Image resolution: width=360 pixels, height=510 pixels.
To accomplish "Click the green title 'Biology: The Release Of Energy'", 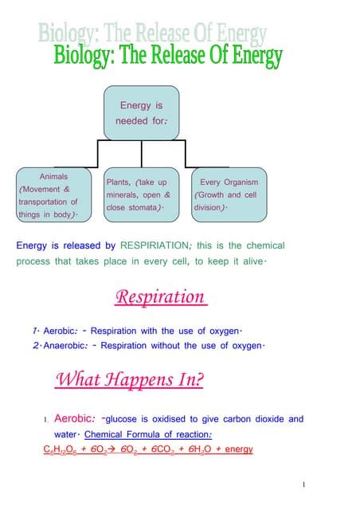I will click(x=167, y=57).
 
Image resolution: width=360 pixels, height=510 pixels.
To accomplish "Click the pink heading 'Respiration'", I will click(x=160, y=297).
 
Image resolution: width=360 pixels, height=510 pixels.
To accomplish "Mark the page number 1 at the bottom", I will click(x=304, y=484).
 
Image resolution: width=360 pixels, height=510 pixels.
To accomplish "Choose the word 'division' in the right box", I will click(x=208, y=207).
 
